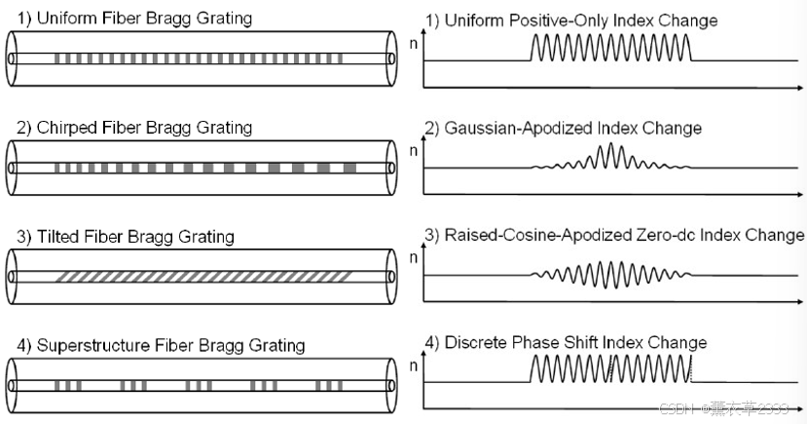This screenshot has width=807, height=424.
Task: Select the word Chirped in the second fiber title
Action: (x=65, y=128)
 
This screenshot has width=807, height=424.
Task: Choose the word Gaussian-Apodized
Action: (x=514, y=128)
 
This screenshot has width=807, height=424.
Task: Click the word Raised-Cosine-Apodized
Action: (x=532, y=235)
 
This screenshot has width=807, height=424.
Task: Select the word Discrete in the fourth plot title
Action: (x=476, y=342)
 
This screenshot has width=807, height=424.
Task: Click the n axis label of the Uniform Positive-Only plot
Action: (x=416, y=45)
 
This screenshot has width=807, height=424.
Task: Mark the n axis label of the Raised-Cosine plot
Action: (x=416, y=259)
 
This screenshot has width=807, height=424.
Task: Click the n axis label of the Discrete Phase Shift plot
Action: (x=416, y=367)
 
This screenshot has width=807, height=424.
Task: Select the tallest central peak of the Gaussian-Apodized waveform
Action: (x=611, y=152)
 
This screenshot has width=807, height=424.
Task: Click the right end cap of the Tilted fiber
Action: (x=391, y=277)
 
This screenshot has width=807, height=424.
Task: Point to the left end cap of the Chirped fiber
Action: (x=13, y=168)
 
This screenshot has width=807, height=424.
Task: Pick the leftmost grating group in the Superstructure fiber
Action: (x=68, y=386)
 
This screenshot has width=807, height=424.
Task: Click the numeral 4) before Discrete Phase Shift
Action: (x=433, y=342)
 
